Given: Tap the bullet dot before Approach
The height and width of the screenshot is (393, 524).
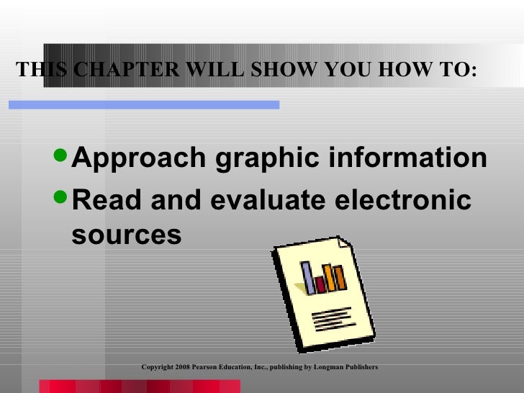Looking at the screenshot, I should [x=62, y=158].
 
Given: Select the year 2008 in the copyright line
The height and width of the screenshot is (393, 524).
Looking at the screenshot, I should [x=182, y=367].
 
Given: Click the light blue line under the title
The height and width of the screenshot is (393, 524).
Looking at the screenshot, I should [x=144, y=105].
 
